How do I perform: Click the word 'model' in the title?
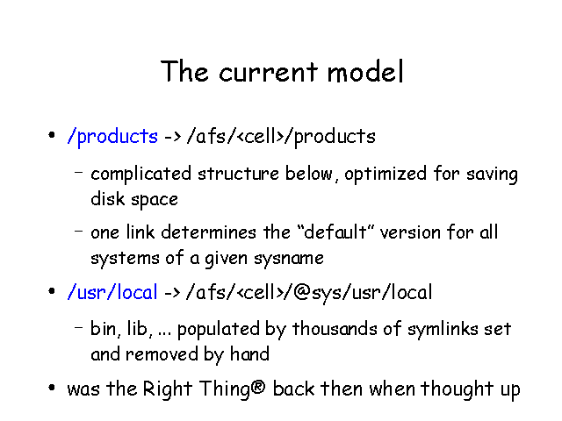coord(365,71)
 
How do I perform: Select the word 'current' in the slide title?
coord(268,72)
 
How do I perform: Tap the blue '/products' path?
coord(112,137)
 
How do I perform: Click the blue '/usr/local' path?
coord(112,292)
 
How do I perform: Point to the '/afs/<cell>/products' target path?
coord(281,137)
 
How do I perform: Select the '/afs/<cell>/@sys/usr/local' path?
coord(309,292)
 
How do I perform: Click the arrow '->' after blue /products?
coord(172,137)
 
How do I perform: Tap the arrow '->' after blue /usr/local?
coord(172,292)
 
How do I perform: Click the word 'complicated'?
coord(140,175)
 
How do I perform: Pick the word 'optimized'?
coord(385,175)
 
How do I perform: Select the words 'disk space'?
coord(134,199)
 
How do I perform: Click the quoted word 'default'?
coord(335,232)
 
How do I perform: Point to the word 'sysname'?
coord(289,259)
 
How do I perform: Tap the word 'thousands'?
coord(335,329)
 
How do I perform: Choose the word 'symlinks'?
coord(443,329)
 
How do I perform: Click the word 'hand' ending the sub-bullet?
coord(249,354)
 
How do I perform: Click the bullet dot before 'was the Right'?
coord(52,388)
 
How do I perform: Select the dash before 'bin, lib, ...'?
coord(78,327)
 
